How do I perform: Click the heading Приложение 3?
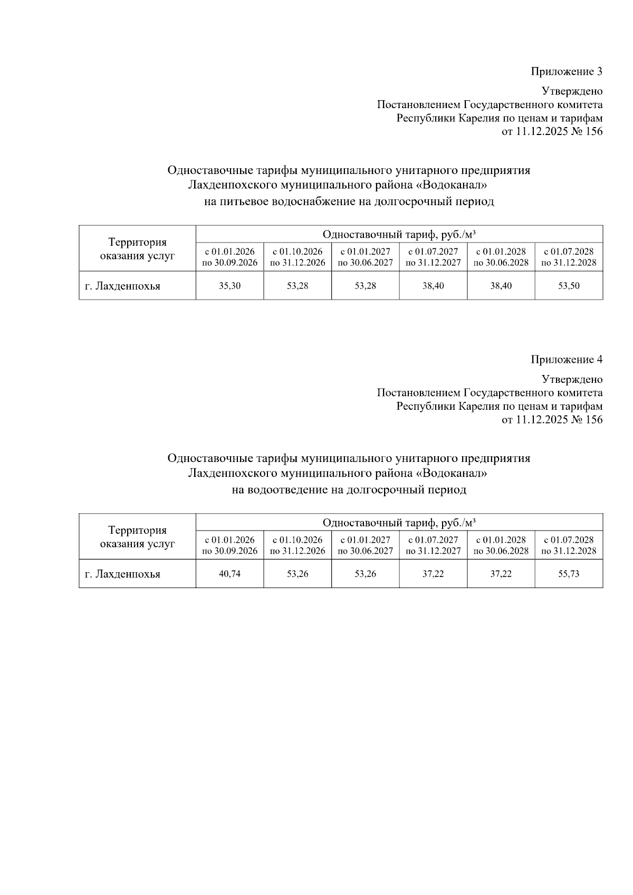(x=566, y=72)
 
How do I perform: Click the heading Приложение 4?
(x=566, y=360)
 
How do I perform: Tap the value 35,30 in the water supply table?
(x=229, y=286)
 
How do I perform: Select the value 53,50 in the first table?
(x=569, y=286)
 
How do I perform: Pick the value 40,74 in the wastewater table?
(x=229, y=574)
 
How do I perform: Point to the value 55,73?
(x=569, y=574)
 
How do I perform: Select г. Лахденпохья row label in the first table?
(x=122, y=286)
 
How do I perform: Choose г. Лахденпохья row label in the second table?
(x=122, y=574)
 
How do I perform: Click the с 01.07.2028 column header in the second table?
(x=569, y=545)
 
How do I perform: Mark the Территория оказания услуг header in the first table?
(x=137, y=249)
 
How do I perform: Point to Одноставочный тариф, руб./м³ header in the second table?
(x=399, y=523)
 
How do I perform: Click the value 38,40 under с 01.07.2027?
(x=433, y=286)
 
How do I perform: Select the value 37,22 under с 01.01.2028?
(x=501, y=574)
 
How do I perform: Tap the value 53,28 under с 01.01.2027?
(x=365, y=286)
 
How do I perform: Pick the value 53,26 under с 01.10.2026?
(x=298, y=574)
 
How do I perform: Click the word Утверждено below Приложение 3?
(x=572, y=91)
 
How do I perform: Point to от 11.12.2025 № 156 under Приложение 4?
(x=552, y=420)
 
